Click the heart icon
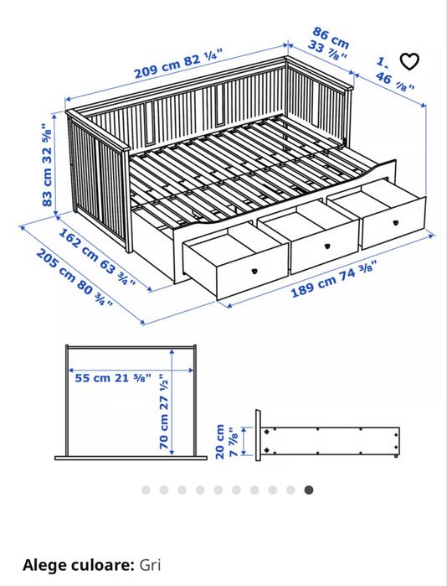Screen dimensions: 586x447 408,61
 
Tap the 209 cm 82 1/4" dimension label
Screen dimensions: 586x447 178,65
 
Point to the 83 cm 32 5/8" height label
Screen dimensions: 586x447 48,164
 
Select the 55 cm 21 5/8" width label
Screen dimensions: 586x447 113,377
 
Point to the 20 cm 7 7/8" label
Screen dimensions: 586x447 226,441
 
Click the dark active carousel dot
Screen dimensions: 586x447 309,490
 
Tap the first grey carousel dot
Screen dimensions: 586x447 146,490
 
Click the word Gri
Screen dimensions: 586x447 150,565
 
